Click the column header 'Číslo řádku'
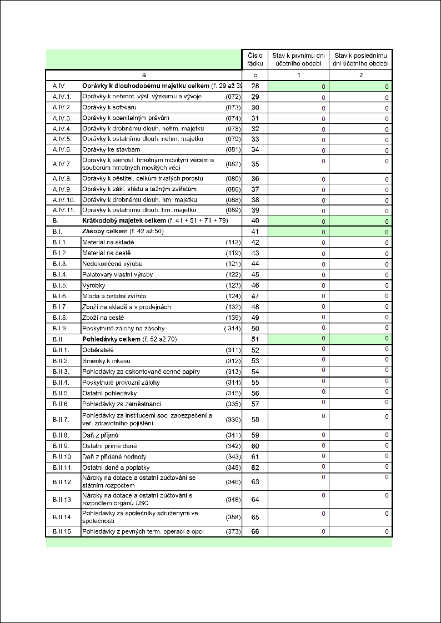click(x=255, y=59)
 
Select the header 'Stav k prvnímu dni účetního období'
click(x=298, y=59)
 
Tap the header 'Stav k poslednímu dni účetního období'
click(x=360, y=59)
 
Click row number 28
click(x=255, y=86)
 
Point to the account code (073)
click(x=233, y=107)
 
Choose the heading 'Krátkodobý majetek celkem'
click(x=124, y=221)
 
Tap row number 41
click(x=255, y=232)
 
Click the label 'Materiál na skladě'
click(x=109, y=242)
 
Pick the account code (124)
click(x=233, y=296)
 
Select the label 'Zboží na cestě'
click(x=103, y=318)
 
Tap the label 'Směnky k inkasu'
click(x=107, y=361)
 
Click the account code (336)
click(x=233, y=419)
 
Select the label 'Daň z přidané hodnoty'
click(x=114, y=457)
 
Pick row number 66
click(x=255, y=532)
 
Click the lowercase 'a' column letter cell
click(x=144, y=75)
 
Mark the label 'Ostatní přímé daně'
click(x=109, y=446)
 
